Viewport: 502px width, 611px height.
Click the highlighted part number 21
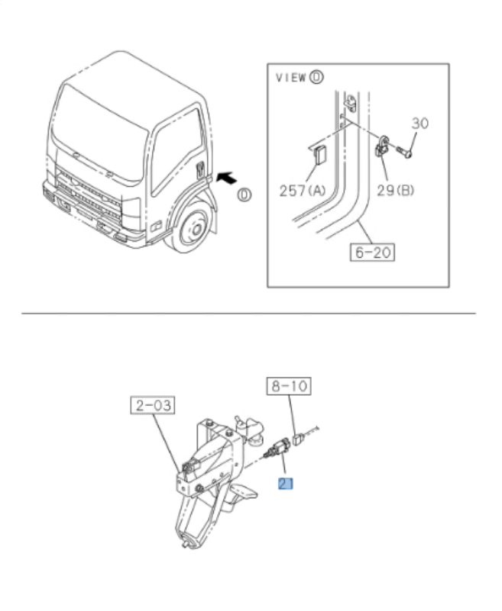pos(286,483)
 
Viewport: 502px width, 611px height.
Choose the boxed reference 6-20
pos(374,250)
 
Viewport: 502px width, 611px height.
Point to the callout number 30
pos(420,122)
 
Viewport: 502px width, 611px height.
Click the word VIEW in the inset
pos(290,78)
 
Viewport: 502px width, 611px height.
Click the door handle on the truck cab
pos(201,169)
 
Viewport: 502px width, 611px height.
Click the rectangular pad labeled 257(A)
pos(322,156)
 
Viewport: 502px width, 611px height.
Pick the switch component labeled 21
pos(277,450)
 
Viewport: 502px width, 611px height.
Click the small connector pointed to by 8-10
pos(300,439)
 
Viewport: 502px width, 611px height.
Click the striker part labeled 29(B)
pos(381,146)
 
